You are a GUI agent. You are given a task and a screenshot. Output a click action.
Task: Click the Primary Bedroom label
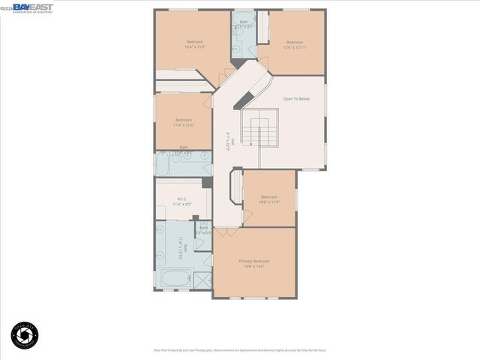click(253, 260)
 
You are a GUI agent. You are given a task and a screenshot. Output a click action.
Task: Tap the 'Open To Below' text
click(296, 99)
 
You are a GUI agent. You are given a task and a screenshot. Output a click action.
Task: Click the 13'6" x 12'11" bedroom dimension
click(294, 47)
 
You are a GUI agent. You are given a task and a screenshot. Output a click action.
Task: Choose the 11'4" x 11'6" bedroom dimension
click(184, 125)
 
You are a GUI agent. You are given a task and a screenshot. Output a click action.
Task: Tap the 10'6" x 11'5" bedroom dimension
click(268, 202)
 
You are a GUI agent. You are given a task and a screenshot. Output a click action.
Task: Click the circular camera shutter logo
click(25, 334)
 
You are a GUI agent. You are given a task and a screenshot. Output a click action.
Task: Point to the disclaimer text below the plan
click(240, 349)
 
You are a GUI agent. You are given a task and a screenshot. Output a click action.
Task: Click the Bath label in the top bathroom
click(243, 22)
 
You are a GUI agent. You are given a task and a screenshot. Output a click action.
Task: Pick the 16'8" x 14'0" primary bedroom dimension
click(253, 265)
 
